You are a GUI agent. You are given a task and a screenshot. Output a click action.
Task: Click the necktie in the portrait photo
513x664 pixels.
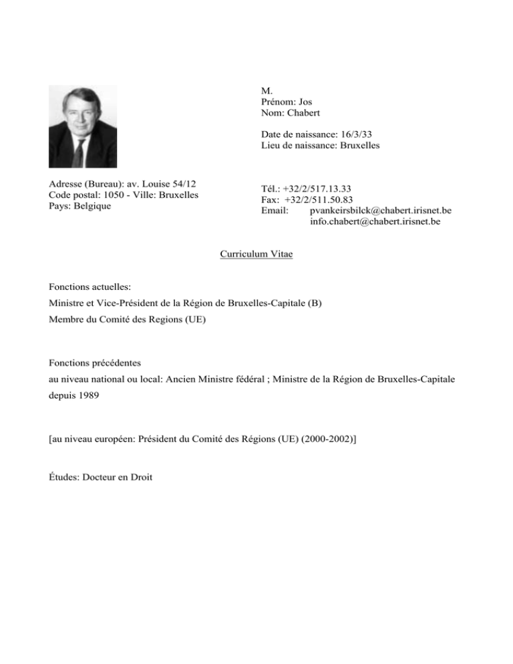(78, 153)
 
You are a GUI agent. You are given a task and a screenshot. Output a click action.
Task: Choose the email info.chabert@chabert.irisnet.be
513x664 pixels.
(375, 222)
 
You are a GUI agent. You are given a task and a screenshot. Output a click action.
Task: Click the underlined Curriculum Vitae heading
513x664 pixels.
(256, 255)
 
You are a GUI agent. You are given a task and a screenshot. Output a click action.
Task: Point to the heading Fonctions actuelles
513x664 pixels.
(88, 287)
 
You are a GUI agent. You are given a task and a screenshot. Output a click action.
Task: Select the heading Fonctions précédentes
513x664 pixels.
(94, 363)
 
